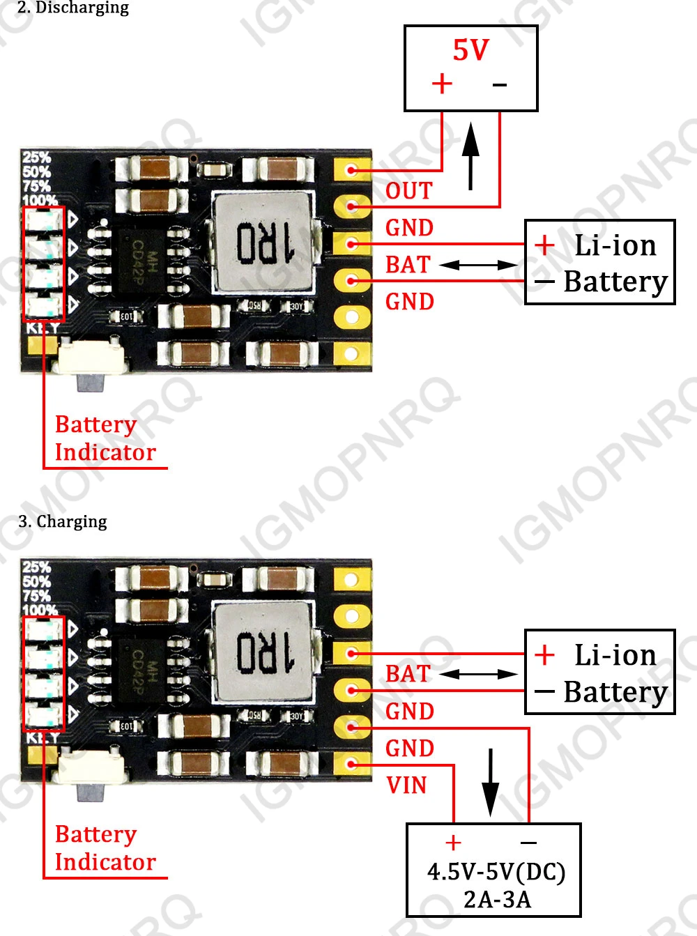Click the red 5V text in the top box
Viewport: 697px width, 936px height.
[471, 50]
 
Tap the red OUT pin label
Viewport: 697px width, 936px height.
[409, 191]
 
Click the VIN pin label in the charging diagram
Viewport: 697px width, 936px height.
[406, 785]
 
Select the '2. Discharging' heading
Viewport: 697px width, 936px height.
[73, 8]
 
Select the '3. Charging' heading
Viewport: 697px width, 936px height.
[63, 521]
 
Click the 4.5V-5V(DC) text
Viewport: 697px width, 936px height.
[496, 872]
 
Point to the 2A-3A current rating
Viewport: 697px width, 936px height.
[497, 900]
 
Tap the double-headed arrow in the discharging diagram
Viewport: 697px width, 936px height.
[479, 265]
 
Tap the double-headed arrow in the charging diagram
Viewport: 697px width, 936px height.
[479, 674]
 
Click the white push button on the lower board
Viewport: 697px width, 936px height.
[93, 766]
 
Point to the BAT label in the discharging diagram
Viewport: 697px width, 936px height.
[408, 265]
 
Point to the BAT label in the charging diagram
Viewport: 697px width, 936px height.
[408, 674]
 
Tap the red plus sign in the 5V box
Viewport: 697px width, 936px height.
[442, 84]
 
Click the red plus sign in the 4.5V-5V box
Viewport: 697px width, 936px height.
[453, 843]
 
